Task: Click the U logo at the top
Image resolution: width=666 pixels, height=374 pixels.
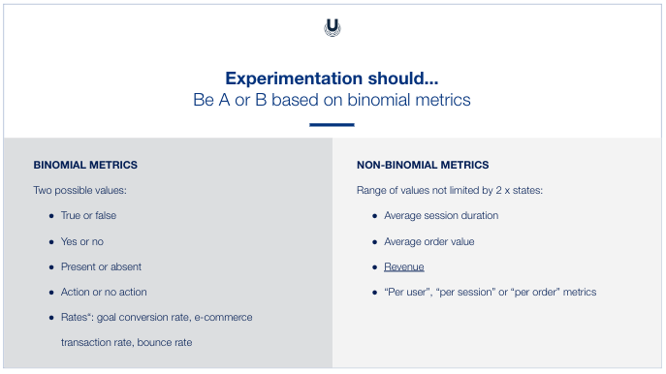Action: click(333, 28)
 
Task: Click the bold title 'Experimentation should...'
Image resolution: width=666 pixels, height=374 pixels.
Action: click(332, 78)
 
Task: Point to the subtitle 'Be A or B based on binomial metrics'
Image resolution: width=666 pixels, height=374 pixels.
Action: click(332, 100)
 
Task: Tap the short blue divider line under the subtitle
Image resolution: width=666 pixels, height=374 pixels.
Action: click(332, 125)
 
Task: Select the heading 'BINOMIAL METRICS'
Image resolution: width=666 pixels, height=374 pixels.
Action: click(85, 166)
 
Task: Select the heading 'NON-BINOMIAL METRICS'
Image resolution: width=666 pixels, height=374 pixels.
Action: click(423, 166)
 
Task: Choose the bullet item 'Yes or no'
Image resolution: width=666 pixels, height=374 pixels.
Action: click(82, 240)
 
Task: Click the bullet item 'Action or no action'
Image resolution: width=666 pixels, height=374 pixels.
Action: click(104, 292)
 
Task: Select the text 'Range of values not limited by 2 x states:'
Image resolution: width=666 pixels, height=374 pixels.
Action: click(450, 190)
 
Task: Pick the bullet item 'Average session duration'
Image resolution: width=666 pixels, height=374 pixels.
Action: click(441, 215)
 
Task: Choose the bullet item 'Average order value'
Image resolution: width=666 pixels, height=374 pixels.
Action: click(428, 240)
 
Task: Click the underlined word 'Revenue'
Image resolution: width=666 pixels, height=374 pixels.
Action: click(404, 266)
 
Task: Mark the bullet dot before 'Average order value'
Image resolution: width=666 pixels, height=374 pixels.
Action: click(373, 241)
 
